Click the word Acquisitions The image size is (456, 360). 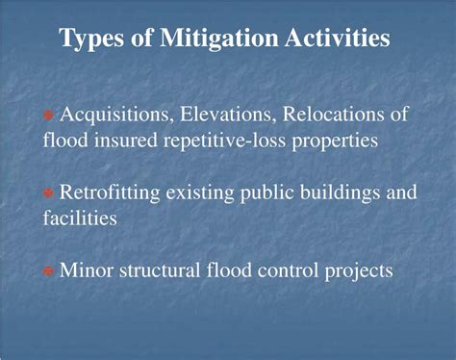(x=115, y=115)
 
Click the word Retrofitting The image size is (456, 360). (x=109, y=193)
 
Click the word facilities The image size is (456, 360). (x=80, y=219)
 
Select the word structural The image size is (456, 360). (x=161, y=270)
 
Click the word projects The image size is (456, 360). (x=359, y=271)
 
